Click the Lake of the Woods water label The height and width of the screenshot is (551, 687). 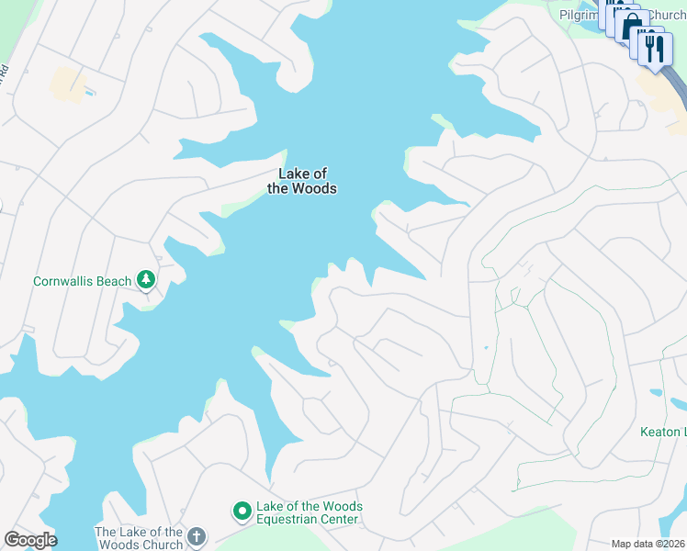301,181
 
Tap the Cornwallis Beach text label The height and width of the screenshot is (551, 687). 82,281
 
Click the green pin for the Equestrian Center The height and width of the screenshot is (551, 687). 242,511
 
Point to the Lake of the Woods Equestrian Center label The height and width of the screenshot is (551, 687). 310,512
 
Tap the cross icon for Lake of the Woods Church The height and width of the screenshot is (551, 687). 196,536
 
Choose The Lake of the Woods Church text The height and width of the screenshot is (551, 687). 139,538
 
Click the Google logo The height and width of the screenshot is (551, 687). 30,540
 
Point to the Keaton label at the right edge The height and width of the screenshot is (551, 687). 663,432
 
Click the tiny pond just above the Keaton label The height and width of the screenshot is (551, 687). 656,393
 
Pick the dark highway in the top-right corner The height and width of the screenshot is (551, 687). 678,87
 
